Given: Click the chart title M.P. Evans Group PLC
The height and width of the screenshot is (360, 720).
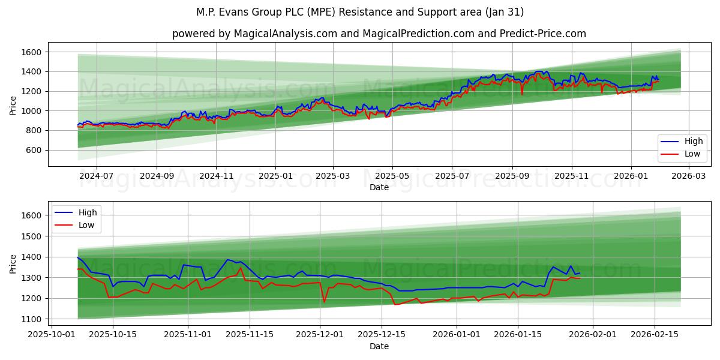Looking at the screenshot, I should pos(359,12).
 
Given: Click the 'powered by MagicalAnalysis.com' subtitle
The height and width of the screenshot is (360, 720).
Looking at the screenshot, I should pos(379,34).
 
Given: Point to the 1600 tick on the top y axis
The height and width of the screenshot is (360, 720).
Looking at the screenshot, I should pos(31,52).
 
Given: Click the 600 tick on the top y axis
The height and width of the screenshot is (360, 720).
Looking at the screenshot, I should pos(33,150).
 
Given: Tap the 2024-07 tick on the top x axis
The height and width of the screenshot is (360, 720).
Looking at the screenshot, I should pos(96,176).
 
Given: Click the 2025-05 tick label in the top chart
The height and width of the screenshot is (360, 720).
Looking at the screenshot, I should pos(392,176).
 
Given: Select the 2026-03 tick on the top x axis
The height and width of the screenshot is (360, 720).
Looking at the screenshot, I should pos(688,176).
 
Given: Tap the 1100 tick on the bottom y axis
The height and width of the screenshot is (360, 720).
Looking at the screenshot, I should pos(31,319).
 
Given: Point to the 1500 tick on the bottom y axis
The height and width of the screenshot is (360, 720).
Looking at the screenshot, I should pos(31,236).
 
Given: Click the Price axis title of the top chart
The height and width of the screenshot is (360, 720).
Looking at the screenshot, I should pos(13,106).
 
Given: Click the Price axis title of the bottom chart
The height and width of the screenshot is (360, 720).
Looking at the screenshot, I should pos(13,264).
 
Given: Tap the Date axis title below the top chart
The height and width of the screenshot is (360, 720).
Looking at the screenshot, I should pos(379,187).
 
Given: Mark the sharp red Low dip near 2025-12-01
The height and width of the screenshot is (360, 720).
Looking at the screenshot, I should pos(324,302).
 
